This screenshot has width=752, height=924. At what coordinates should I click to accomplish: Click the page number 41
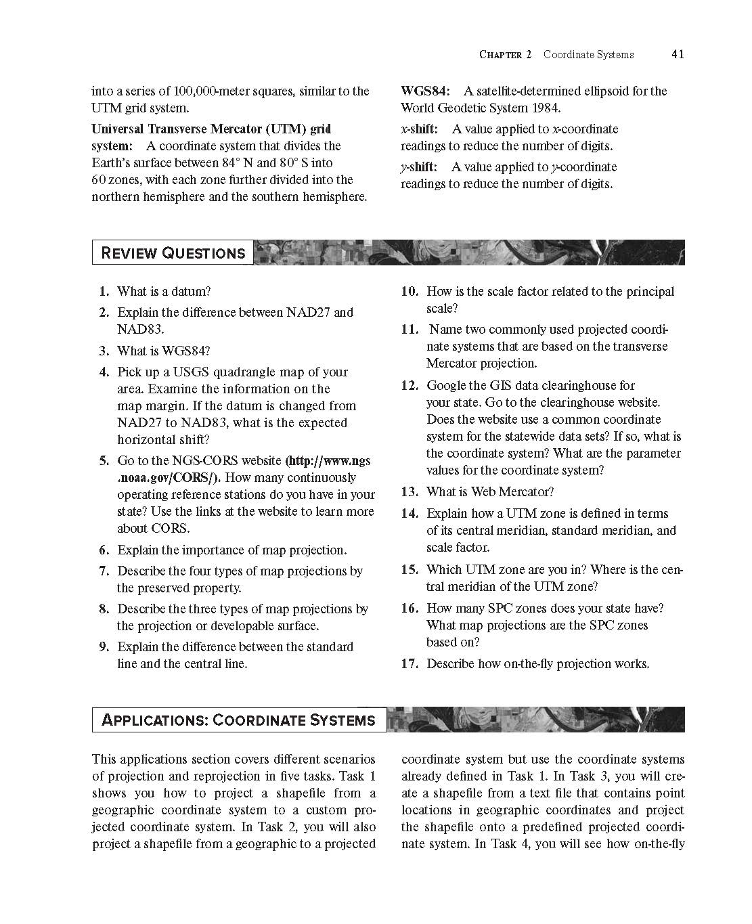point(678,54)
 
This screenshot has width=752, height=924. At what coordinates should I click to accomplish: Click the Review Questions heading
point(173,253)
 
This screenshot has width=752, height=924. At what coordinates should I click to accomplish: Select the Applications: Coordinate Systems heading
point(238,720)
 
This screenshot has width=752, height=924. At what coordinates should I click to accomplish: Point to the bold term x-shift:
point(419,129)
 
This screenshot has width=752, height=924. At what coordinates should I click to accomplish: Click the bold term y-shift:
point(419,167)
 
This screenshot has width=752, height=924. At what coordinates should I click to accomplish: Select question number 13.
point(410,492)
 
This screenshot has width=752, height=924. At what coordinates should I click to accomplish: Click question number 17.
point(410,664)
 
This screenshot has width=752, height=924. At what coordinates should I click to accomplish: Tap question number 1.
point(104,292)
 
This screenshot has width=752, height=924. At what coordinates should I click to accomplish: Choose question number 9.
point(104,647)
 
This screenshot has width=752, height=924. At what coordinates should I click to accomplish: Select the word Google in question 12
point(446,386)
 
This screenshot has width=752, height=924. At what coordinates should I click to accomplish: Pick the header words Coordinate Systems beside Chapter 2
point(588,54)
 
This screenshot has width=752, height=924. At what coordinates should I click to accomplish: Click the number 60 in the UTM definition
point(99,180)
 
